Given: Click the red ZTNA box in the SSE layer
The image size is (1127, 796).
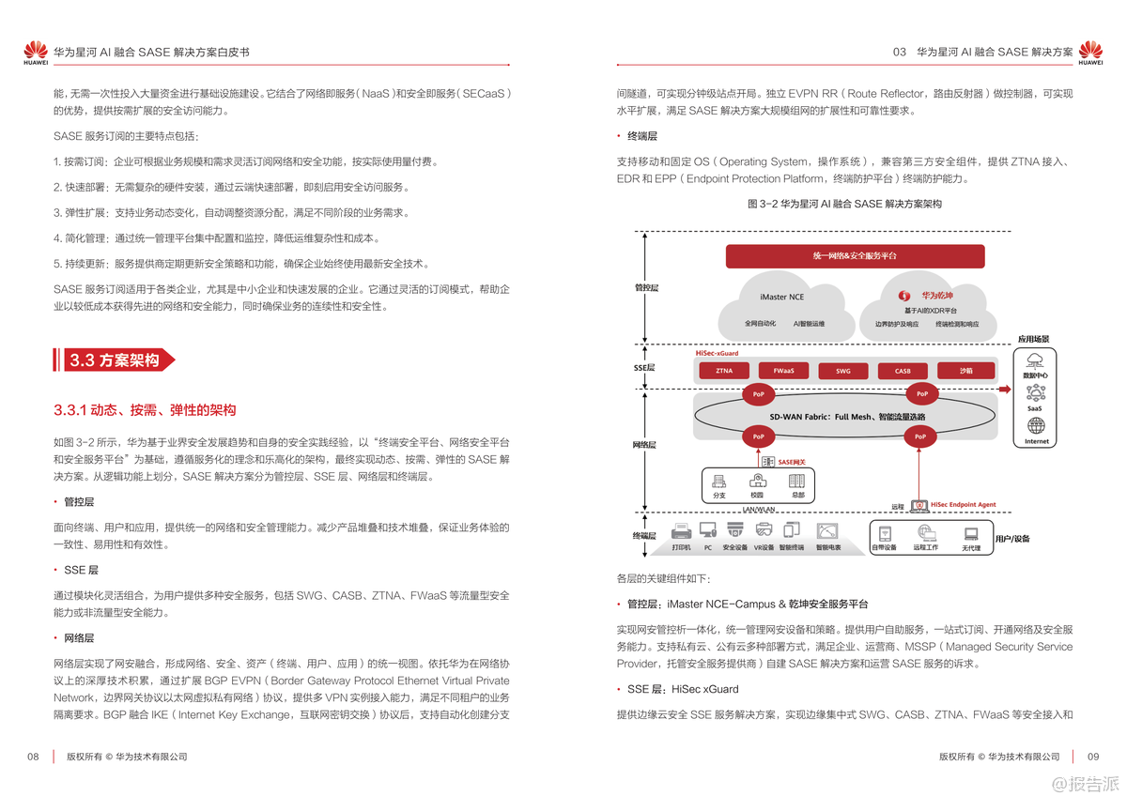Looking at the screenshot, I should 724,371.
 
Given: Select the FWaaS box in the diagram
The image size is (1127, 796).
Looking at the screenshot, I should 783,371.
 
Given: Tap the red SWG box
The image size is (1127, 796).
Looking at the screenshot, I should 843,371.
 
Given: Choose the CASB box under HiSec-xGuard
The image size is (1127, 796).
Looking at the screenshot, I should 903,371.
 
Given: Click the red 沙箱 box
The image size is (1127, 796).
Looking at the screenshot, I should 965,371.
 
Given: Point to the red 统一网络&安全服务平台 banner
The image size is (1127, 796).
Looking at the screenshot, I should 855,255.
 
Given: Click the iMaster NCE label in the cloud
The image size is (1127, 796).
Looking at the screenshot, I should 781,297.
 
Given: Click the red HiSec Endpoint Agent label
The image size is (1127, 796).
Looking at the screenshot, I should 963,505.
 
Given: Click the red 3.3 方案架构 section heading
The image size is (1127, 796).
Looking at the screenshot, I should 114,360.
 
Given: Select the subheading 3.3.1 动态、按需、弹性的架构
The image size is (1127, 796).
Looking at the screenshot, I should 145,410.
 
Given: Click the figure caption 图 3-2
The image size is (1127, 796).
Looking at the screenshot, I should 843,204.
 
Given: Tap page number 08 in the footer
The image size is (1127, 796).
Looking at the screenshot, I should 33,757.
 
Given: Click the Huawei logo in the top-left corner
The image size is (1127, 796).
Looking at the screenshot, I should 36,53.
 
